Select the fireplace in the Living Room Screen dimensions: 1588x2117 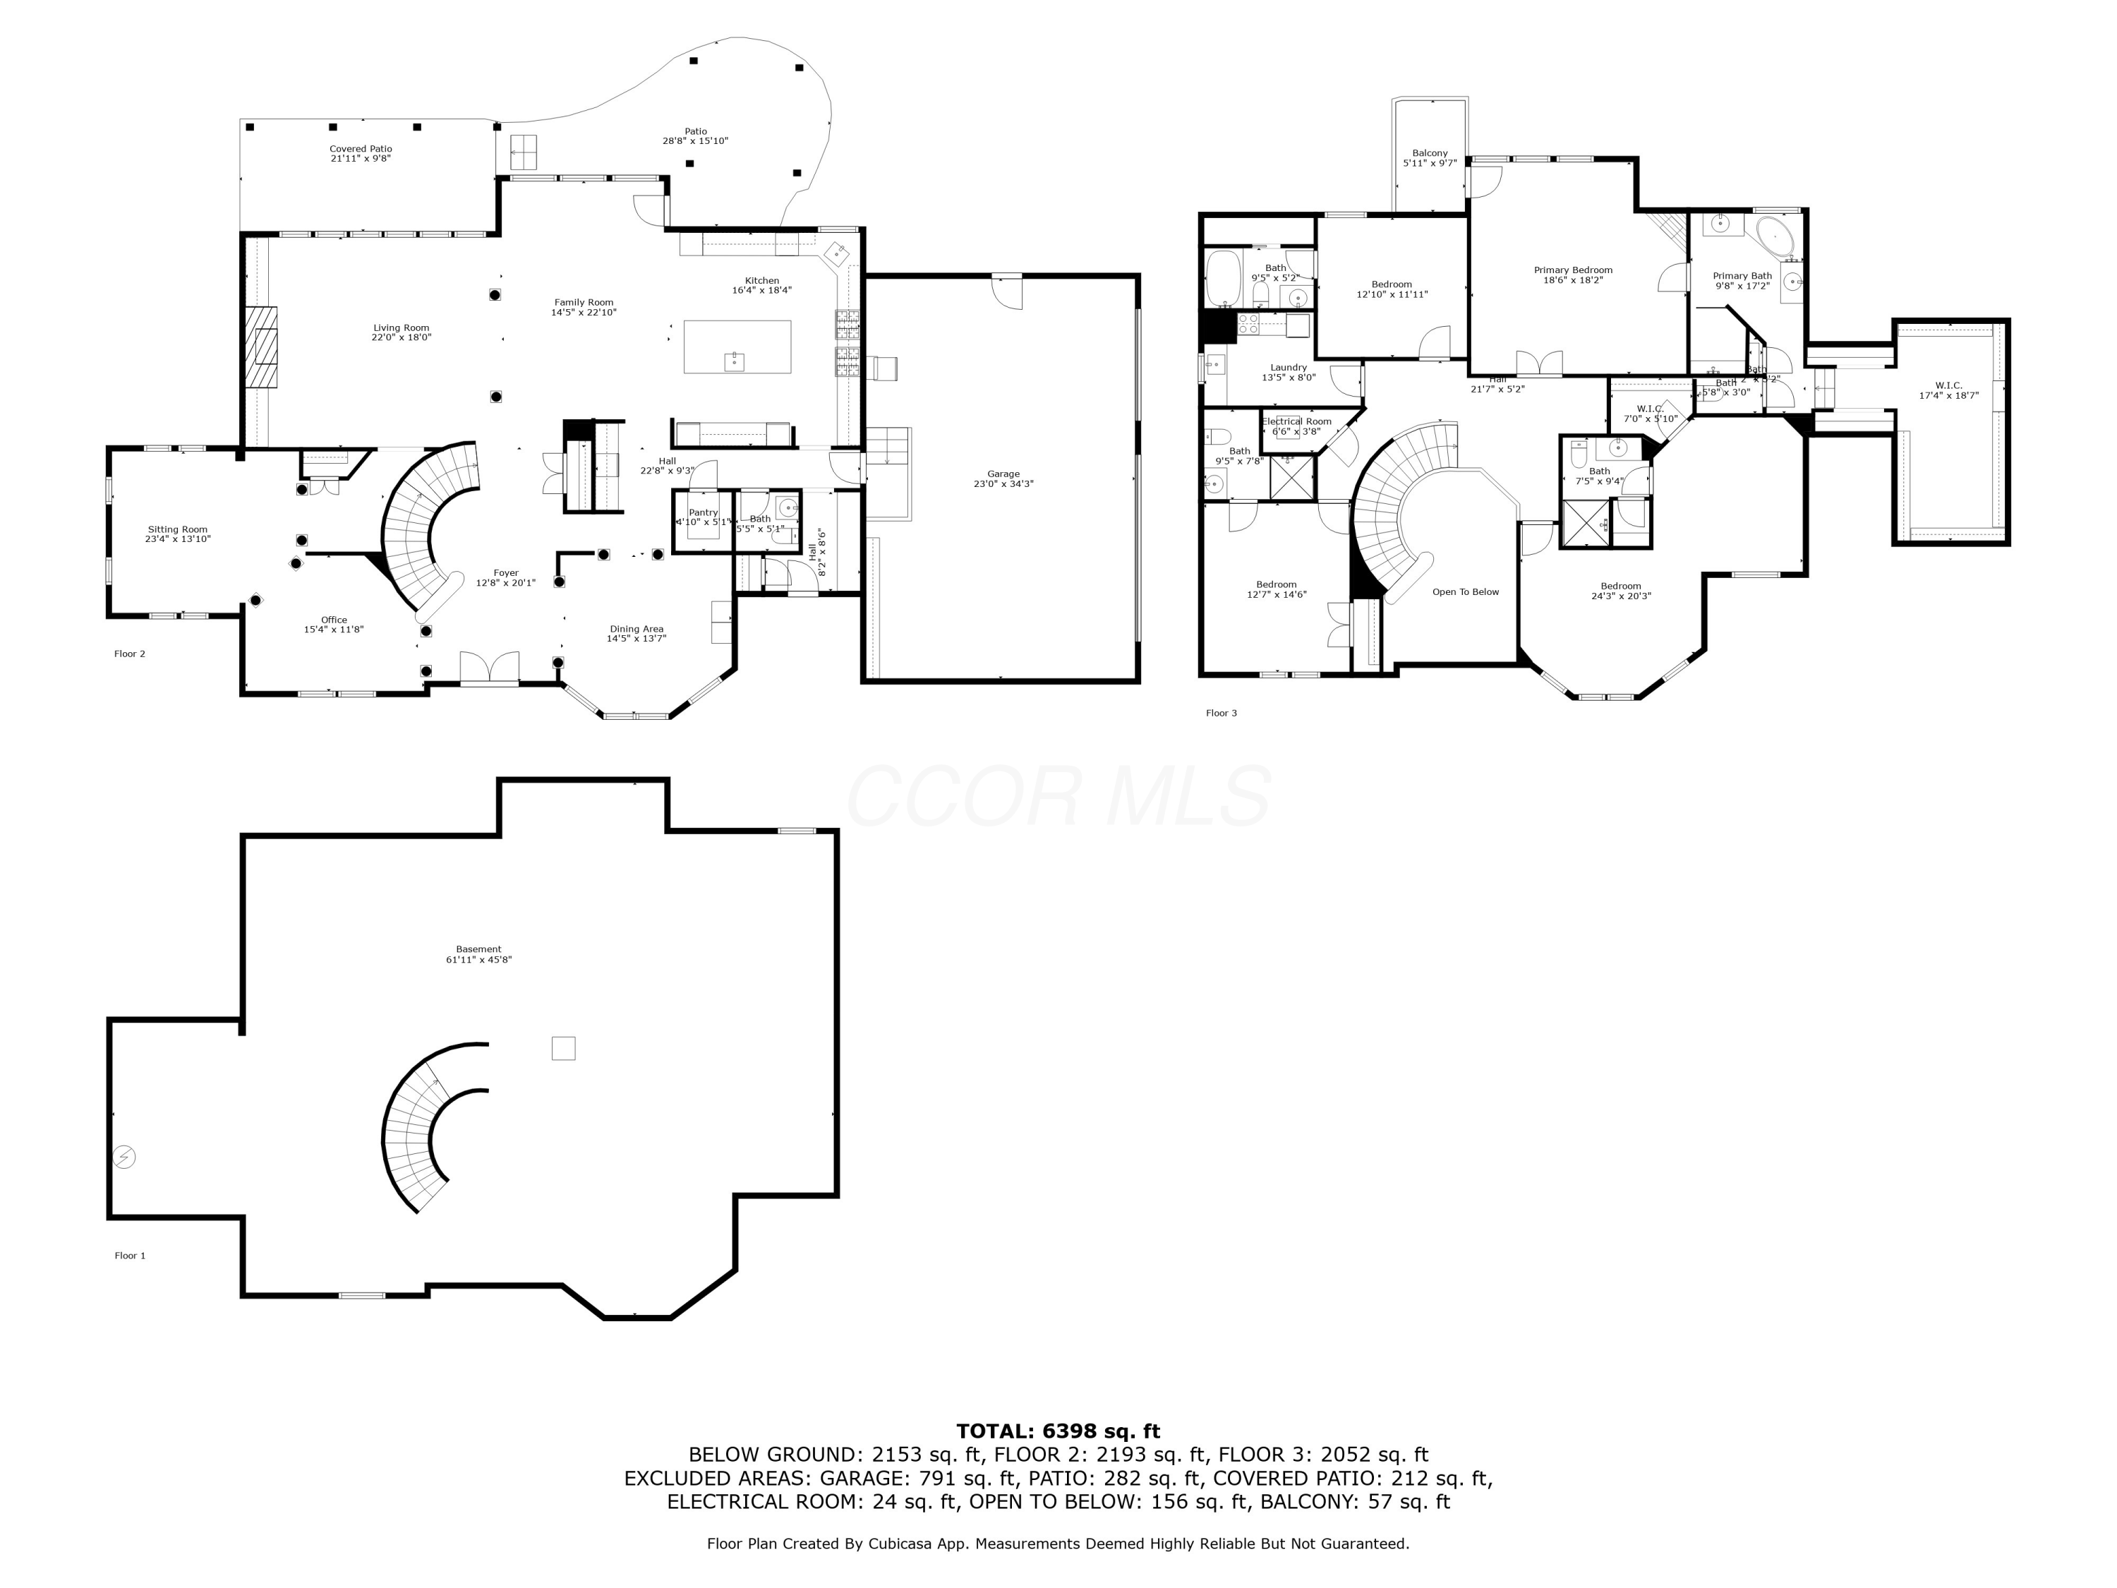[x=260, y=347]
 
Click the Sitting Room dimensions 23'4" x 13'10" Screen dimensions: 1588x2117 [x=178, y=540]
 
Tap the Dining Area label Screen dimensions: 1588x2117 [x=637, y=629]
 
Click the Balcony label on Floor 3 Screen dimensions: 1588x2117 [x=1430, y=153]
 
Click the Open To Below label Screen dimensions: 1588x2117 [x=1465, y=591]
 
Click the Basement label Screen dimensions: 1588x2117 [x=478, y=949]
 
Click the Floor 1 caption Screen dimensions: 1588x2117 [x=130, y=1256]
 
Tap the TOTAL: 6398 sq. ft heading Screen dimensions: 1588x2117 [x=1058, y=1431]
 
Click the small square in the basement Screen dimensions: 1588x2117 [x=564, y=1048]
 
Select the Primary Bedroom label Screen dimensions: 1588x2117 [x=1572, y=270]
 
